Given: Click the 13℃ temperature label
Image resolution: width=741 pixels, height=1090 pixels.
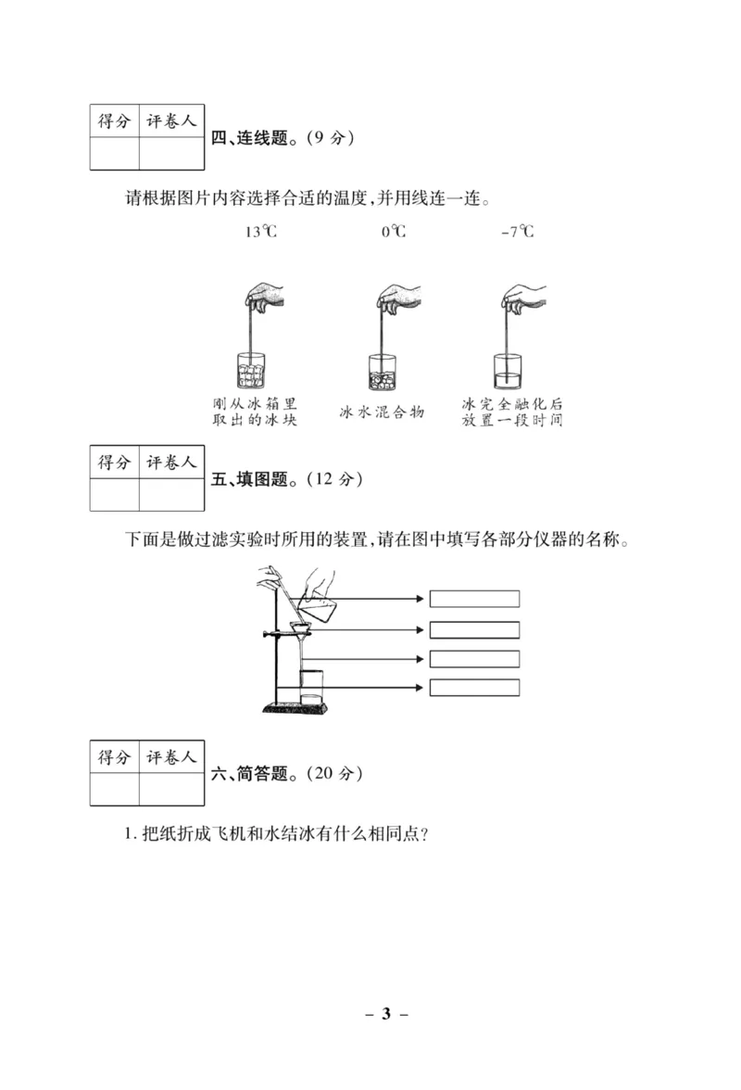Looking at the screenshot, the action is [260, 232].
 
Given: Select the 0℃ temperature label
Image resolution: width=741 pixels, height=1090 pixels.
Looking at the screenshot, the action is [394, 232].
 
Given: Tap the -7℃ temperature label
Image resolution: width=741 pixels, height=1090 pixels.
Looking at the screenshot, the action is [517, 232].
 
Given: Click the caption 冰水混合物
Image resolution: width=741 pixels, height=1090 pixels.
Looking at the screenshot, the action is [382, 411].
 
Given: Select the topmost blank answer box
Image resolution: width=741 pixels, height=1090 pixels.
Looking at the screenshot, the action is [474, 599].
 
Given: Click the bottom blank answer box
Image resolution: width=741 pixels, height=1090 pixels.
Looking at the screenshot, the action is [474, 687].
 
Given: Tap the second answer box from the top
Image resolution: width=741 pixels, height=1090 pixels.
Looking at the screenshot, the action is [474, 629].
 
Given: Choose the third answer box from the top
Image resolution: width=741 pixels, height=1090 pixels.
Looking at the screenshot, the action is [474, 658].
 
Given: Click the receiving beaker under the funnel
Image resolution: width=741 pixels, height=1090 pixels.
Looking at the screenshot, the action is [309, 687].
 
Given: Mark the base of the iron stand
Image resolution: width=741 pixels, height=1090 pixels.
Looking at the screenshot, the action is [295, 710].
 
